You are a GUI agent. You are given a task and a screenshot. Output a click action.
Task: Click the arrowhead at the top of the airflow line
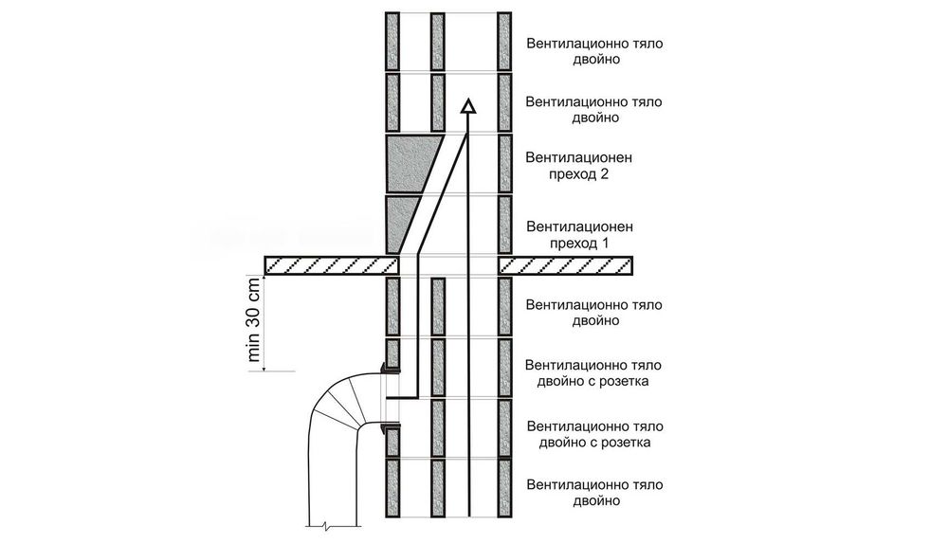[x=467, y=107]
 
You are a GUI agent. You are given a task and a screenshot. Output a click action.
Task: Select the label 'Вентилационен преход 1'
[x=578, y=235]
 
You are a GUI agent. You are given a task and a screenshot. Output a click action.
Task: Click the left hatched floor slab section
[x=327, y=265]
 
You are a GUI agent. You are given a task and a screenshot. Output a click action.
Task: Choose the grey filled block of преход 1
[x=400, y=223]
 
